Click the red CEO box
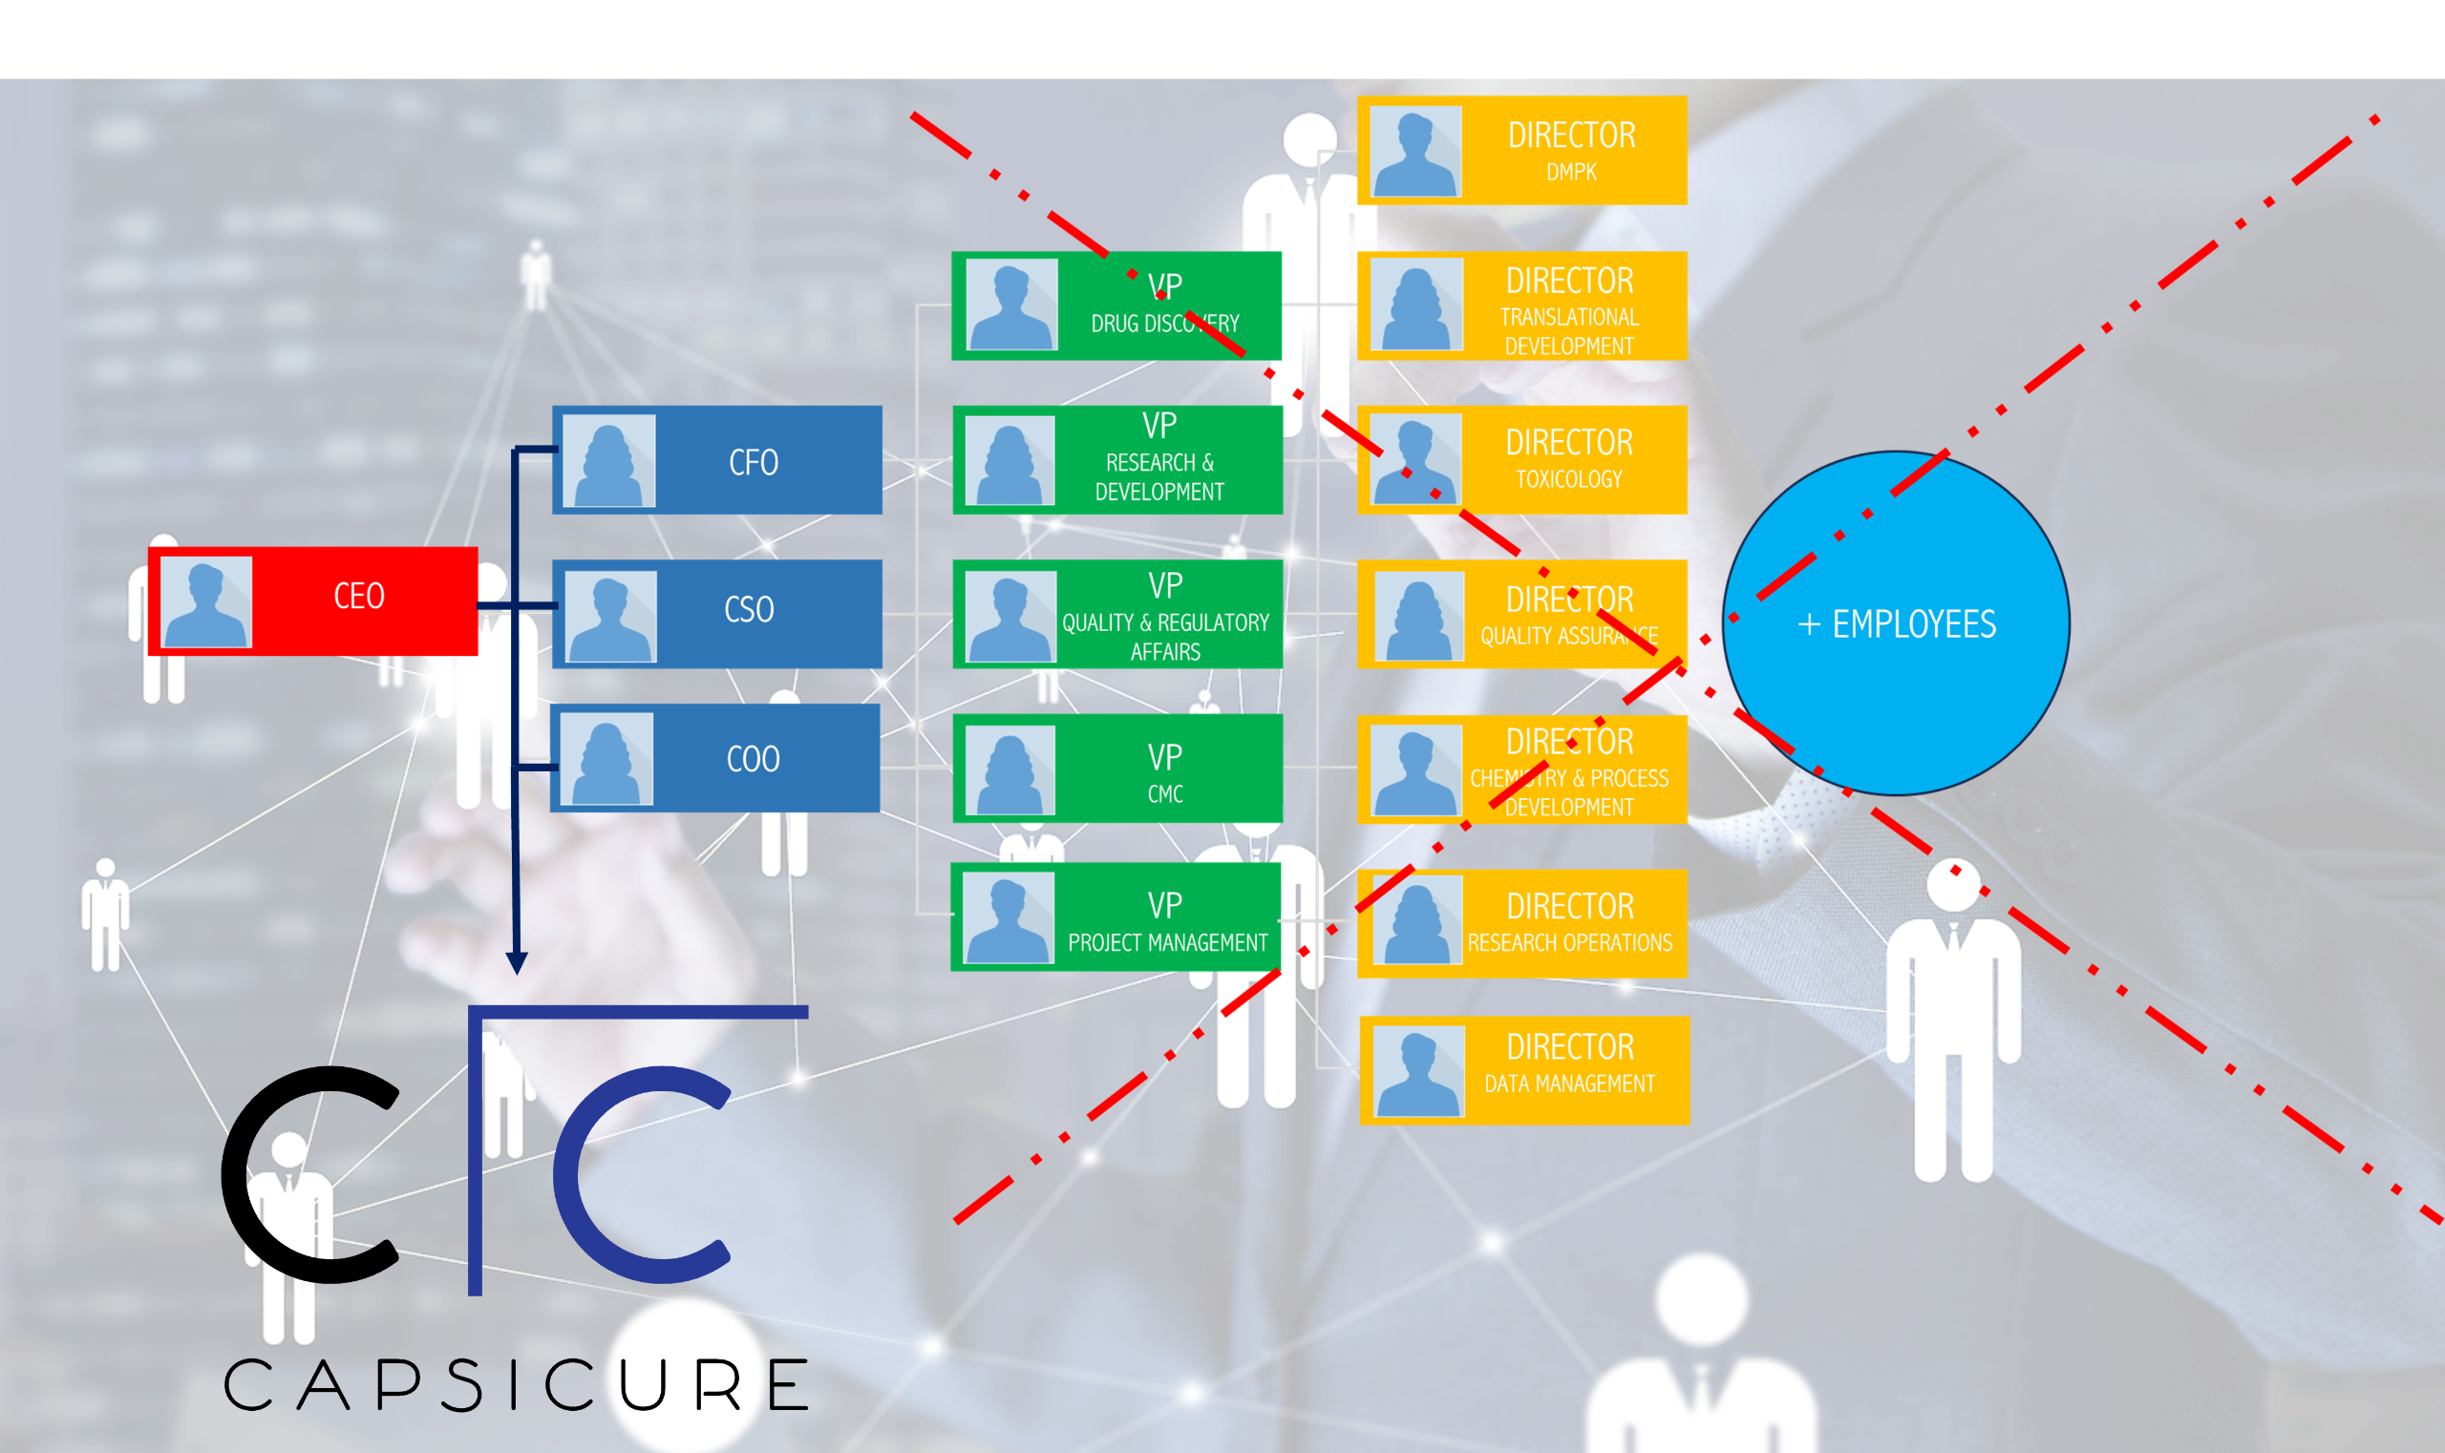[313, 600]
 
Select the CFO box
[718, 460]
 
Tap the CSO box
[718, 613]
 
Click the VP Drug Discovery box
[1116, 305]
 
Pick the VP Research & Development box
[1117, 460]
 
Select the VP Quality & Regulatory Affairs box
[1117, 614]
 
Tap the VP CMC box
[1117, 769]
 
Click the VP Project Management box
[1116, 916]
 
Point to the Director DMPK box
[1522, 150]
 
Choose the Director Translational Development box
[1522, 305]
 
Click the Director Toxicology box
[1522, 459]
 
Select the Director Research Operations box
[1522, 923]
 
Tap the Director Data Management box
[1524, 1070]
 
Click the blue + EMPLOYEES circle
[1896, 623]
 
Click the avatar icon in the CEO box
[205, 602]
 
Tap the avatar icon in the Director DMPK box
[1415, 152]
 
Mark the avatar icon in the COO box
[607, 759]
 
